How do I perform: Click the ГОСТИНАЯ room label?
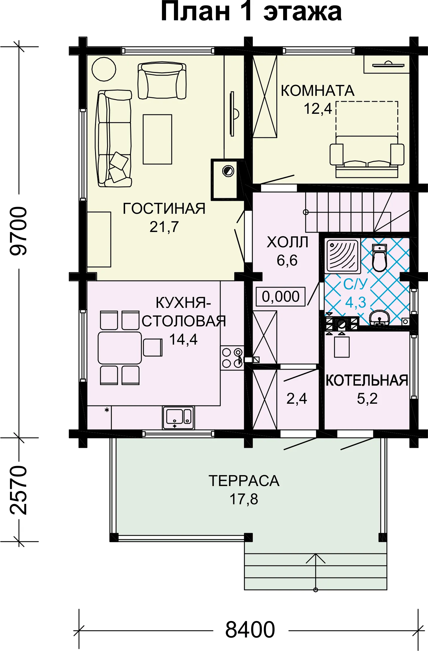(x=164, y=209)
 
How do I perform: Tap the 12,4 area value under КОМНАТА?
(x=318, y=109)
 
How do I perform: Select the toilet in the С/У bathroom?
(x=379, y=258)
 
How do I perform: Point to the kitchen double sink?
(x=178, y=418)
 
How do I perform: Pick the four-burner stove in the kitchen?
(x=232, y=358)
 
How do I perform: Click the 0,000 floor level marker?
(x=281, y=296)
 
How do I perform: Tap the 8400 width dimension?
(x=250, y=630)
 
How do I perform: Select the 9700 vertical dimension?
(x=19, y=231)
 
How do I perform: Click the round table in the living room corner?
(x=104, y=69)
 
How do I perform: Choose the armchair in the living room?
(x=162, y=80)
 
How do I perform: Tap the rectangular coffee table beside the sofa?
(x=157, y=139)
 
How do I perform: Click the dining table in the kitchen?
(x=120, y=348)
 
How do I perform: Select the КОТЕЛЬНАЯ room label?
(x=367, y=380)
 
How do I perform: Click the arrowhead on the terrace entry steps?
(x=316, y=559)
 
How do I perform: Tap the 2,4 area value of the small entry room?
(x=297, y=399)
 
